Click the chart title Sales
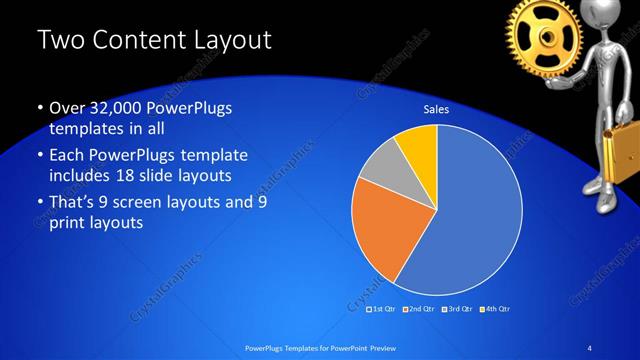(x=436, y=109)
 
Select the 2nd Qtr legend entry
(x=418, y=308)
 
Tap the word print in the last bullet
(x=69, y=223)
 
